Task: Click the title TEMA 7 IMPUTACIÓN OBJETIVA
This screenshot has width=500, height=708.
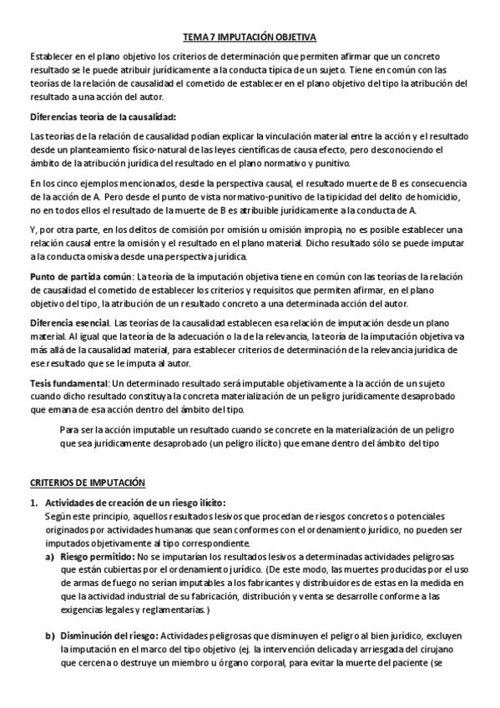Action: [x=250, y=38]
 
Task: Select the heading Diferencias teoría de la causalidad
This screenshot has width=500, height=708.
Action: [x=104, y=116]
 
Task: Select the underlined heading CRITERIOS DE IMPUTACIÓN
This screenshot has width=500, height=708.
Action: [x=87, y=482]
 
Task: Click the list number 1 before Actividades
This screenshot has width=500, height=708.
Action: [x=34, y=503]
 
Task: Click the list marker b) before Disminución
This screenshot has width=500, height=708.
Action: [x=49, y=636]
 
